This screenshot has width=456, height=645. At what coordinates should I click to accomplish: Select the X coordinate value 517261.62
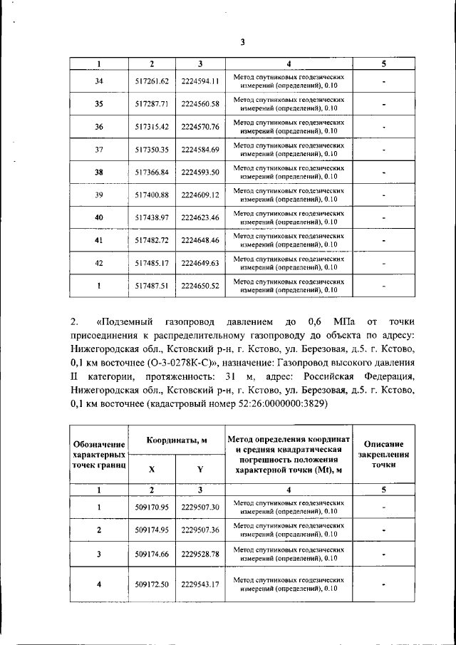151,81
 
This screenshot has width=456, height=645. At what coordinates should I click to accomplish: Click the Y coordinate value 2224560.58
200,104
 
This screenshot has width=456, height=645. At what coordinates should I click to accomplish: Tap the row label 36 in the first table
99,127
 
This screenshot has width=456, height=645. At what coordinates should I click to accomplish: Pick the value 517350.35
151,150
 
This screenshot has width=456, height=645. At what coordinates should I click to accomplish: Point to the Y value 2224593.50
200,172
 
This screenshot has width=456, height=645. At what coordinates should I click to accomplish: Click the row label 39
99,195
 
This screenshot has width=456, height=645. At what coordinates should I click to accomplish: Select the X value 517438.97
151,217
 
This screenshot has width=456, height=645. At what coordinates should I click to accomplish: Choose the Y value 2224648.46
200,240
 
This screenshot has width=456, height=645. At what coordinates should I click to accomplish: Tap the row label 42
99,263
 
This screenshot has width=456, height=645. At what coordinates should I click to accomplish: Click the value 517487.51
151,286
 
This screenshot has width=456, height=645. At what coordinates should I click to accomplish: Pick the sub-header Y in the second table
200,469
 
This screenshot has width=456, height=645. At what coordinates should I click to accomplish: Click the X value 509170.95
151,507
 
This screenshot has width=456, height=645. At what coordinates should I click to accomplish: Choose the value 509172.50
151,584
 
